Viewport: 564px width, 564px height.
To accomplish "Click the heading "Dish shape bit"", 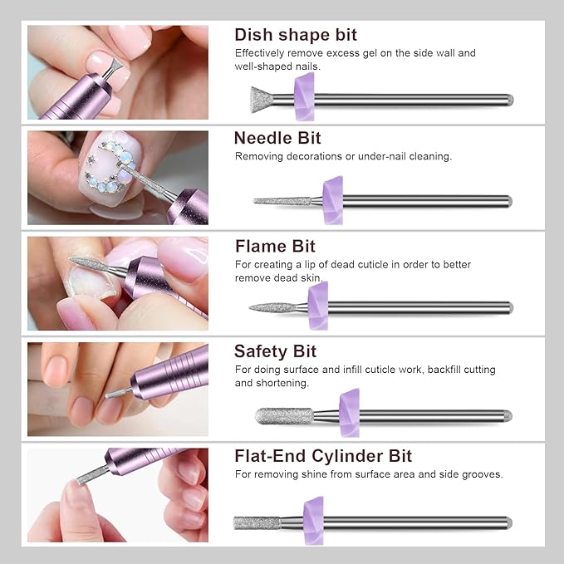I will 296,35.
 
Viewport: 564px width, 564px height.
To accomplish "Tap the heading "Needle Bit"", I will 277,138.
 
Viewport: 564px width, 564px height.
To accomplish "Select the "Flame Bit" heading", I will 275,246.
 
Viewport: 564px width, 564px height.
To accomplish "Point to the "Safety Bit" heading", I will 275,351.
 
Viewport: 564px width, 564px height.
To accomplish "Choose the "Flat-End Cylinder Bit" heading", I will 323,456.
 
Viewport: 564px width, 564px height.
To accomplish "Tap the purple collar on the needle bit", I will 332,200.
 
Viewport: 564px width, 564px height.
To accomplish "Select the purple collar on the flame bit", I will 317,306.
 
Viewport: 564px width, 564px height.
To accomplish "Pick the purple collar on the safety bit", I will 349,413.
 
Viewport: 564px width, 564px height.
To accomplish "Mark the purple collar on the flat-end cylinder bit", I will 313,521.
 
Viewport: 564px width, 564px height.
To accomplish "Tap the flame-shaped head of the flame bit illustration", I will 274,307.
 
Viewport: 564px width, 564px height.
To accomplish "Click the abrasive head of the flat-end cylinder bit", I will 256,522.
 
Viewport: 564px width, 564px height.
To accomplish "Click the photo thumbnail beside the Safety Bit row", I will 117,389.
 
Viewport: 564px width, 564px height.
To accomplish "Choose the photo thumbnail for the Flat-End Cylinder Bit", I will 117,495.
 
